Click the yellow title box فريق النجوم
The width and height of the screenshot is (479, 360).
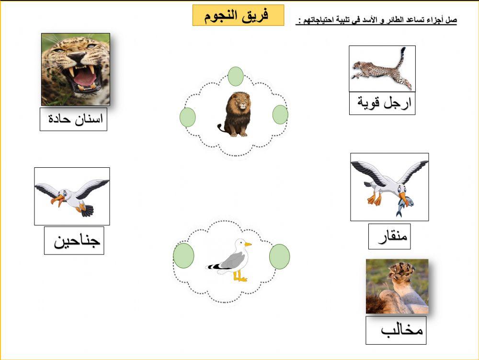238,15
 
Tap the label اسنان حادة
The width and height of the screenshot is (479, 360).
73,119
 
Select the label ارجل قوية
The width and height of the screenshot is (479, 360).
382,103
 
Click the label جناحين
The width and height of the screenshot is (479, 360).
74,241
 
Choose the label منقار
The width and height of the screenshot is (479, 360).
389,236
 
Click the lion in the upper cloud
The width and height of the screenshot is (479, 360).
235,115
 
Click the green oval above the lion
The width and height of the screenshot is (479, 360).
235,76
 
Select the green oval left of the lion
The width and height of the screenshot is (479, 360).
187,117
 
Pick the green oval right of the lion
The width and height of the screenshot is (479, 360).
280,115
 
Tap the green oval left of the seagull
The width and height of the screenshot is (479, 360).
183,255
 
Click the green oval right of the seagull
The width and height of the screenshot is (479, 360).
279,256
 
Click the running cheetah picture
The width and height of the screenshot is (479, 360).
382,69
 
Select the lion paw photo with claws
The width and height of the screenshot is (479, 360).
397,286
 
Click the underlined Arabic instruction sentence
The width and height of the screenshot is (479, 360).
376,21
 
